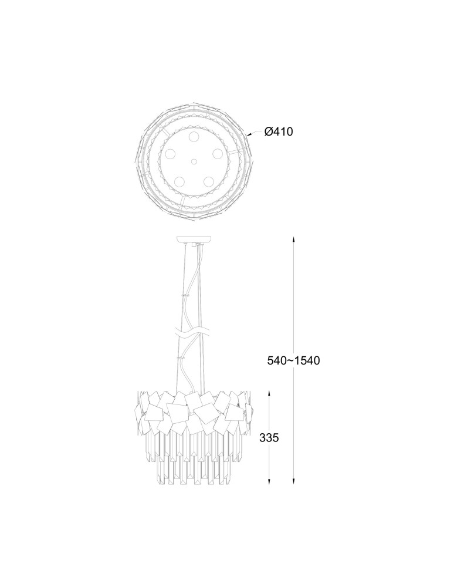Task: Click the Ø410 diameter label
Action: (x=279, y=131)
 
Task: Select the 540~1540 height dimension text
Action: (x=293, y=360)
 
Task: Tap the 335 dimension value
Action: (x=269, y=438)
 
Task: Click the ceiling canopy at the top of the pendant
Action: (x=194, y=239)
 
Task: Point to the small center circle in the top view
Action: (x=194, y=162)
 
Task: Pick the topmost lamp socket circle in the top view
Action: (x=194, y=136)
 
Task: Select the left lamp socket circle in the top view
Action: (x=171, y=153)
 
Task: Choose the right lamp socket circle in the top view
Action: (x=217, y=153)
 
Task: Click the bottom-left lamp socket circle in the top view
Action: (x=179, y=181)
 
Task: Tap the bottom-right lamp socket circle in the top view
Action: (x=208, y=181)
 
